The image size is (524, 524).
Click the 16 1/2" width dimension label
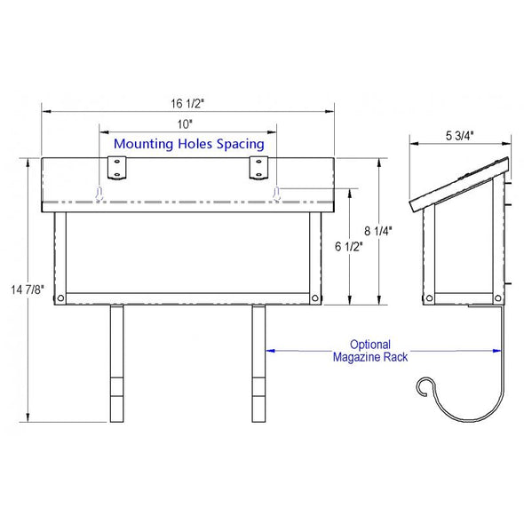(187, 104)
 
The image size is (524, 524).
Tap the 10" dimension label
(185, 124)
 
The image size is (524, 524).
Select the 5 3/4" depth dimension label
(459, 136)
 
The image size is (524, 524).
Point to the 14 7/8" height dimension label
(27, 290)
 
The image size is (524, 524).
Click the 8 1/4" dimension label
(378, 231)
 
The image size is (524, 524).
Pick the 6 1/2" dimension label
(348, 247)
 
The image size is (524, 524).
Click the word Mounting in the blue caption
(144, 145)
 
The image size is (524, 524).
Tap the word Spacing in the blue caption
(241, 145)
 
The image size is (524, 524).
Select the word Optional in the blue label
(370, 345)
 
